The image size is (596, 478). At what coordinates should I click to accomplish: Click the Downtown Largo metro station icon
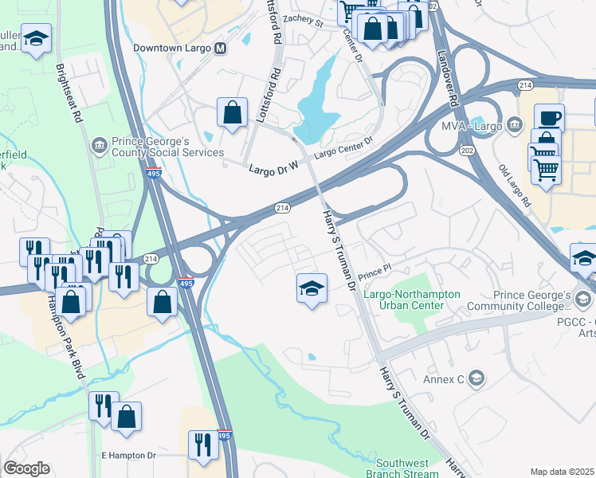coord(221,48)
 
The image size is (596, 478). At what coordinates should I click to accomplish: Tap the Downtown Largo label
coord(172,48)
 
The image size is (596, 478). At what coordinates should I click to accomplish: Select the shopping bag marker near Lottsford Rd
coord(232,113)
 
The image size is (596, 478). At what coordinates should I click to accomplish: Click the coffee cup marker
coord(549,119)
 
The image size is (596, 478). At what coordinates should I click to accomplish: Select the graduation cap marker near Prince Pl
coord(312,288)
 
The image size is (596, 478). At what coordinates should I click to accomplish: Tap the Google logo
coord(26,468)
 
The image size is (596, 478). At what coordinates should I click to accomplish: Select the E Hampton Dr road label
coord(135,455)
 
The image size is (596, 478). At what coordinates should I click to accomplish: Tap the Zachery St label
coord(302,23)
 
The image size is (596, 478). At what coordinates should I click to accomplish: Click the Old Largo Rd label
coord(514,185)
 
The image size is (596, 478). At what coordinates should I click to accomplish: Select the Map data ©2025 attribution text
coord(561,472)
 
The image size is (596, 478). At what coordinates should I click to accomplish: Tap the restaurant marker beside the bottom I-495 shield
coord(203,445)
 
